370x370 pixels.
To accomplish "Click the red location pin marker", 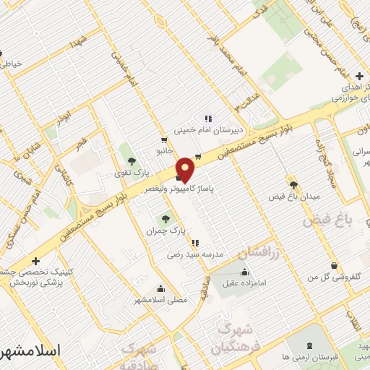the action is coord(186,169).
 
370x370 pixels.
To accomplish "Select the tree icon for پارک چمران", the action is coord(167,218).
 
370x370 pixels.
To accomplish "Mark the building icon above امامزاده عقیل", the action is coord(244,272).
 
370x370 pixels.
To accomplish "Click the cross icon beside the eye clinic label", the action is coord(36,261).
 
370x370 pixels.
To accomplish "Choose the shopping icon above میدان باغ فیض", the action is coord(293,184).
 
